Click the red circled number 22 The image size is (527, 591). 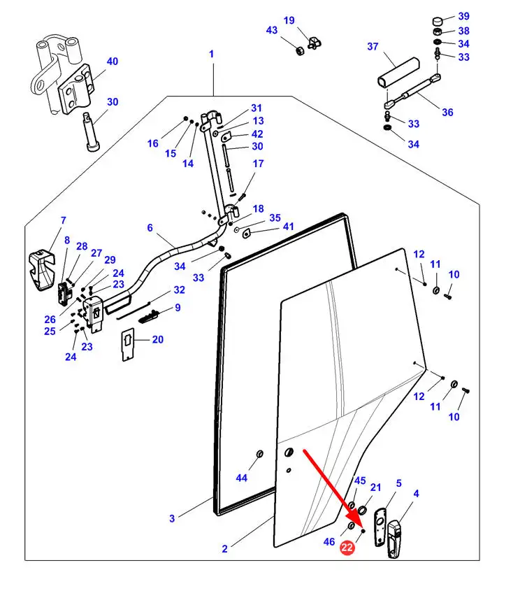(347, 547)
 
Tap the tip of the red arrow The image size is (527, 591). (361, 527)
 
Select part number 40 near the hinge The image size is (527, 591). (113, 62)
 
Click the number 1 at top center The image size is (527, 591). (211, 54)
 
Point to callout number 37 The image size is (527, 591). (373, 46)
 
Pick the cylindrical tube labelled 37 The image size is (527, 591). (398, 73)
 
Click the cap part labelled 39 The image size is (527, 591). (437, 20)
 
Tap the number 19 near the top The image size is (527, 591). (289, 20)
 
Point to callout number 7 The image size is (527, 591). (64, 220)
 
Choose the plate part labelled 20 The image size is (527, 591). (128, 345)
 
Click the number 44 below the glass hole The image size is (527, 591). (241, 478)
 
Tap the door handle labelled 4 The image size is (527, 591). (394, 539)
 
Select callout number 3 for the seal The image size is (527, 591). (172, 518)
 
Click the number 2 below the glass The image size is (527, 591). (224, 549)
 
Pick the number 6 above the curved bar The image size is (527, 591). (150, 227)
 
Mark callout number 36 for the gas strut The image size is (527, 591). (447, 112)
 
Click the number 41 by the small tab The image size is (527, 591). (288, 227)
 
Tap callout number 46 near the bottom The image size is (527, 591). (329, 541)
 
